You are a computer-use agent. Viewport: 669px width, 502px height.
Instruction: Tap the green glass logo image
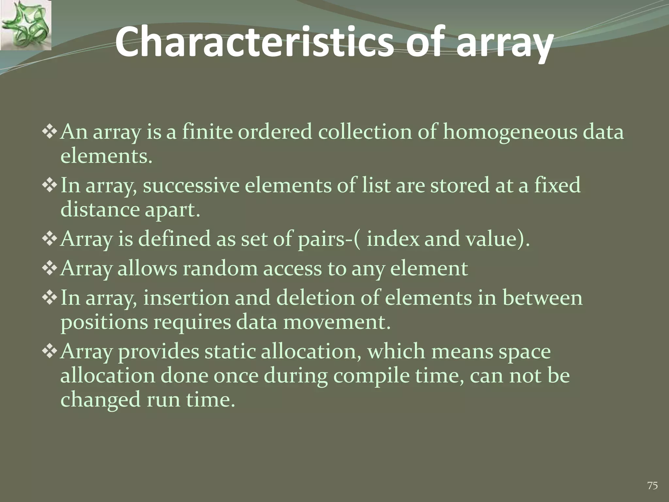pyautogui.click(x=26, y=25)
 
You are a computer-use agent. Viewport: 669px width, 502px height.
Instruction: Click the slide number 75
pyautogui.click(x=652, y=486)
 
